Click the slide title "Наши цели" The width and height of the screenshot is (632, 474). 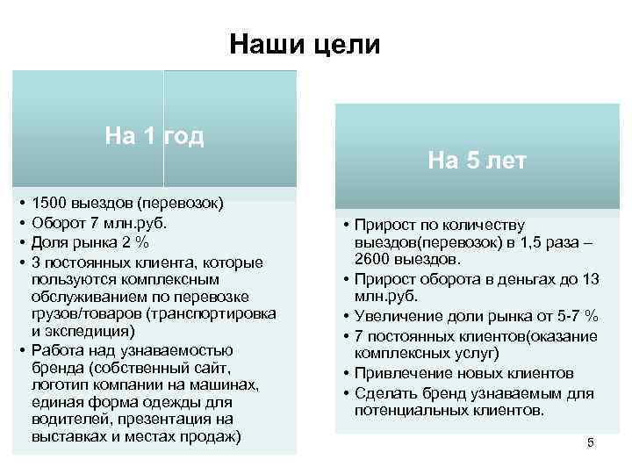[305, 44]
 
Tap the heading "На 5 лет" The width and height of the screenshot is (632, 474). [478, 160]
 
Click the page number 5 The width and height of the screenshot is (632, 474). [591, 442]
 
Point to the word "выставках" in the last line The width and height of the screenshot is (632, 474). [67, 437]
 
